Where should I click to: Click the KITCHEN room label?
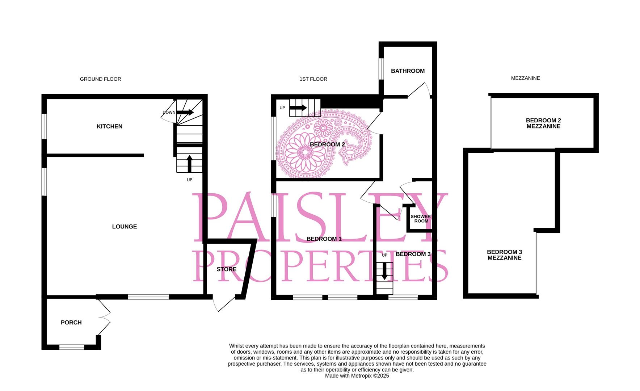[109, 126]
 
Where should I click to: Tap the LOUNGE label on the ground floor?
[125, 227]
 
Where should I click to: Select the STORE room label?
[227, 269]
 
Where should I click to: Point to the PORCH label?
[71, 323]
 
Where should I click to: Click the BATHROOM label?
[408, 71]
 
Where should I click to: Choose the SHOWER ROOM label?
[421, 219]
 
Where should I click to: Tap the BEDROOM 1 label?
[324, 239]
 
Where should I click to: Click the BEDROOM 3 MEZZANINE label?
[504, 255]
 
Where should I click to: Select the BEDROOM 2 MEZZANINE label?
[543, 123]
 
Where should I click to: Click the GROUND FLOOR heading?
[101, 79]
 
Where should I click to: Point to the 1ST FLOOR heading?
[313, 79]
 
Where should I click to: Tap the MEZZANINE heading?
[525, 78]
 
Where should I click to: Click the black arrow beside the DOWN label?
[185, 112]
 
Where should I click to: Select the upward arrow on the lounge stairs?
[189, 164]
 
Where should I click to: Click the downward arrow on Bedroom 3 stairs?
[384, 272]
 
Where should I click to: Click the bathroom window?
[381, 68]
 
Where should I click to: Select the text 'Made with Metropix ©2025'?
[357, 376]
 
